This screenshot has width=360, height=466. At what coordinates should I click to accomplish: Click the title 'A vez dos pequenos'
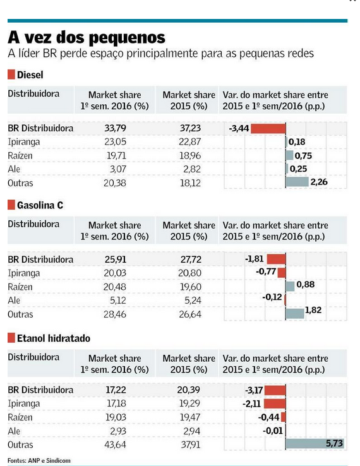click(x=86, y=37)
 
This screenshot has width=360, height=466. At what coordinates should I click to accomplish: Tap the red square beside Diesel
click(x=11, y=75)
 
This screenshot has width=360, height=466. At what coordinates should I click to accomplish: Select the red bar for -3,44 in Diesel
click(x=268, y=128)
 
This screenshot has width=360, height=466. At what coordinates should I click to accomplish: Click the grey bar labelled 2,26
click(x=297, y=182)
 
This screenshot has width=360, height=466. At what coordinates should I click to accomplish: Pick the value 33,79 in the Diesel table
click(x=115, y=128)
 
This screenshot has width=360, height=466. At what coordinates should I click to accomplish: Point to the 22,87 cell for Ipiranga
click(x=189, y=141)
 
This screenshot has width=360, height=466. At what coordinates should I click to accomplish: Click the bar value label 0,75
click(x=303, y=155)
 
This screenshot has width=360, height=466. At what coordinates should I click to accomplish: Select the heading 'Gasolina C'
click(x=40, y=205)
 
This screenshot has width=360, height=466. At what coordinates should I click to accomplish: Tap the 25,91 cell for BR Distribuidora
click(x=116, y=259)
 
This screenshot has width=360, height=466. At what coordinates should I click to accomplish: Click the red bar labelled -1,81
click(x=276, y=259)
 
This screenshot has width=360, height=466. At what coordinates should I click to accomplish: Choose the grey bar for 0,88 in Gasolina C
click(x=290, y=286)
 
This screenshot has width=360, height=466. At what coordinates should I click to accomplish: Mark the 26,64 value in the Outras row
click(x=190, y=314)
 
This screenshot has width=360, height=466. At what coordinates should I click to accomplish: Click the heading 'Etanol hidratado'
click(x=54, y=338)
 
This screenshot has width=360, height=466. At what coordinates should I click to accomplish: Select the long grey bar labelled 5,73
click(x=315, y=444)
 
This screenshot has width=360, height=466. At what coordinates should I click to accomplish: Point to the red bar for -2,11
click(x=275, y=403)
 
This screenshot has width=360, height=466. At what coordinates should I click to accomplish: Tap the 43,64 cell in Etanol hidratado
click(x=115, y=445)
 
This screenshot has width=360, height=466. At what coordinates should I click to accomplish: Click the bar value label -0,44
click(x=268, y=417)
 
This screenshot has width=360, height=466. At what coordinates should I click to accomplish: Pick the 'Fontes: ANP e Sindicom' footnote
click(x=39, y=460)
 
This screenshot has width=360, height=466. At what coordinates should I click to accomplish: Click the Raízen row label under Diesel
click(x=20, y=155)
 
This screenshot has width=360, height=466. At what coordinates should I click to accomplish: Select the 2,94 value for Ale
click(x=192, y=431)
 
